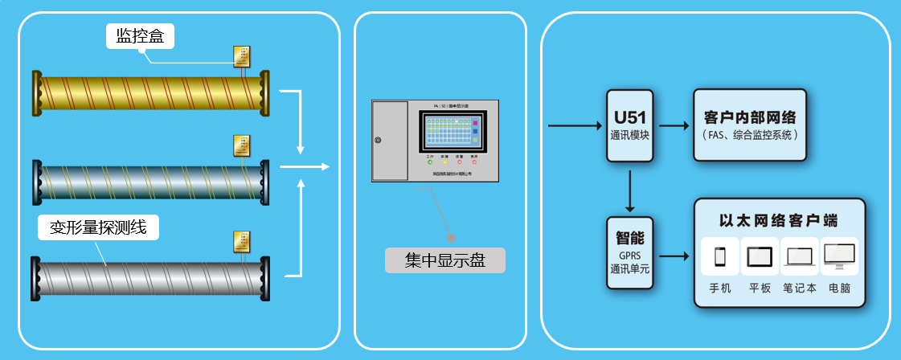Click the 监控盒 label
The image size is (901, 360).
(140, 35)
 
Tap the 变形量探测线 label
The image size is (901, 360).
(98, 227)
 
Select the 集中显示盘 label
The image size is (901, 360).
(445, 260)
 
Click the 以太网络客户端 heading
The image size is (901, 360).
(779, 219)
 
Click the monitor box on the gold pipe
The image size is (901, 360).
(240, 56)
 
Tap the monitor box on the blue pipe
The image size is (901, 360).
(240, 145)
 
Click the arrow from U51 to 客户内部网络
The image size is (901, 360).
(674, 125)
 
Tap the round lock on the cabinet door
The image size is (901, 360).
(377, 141)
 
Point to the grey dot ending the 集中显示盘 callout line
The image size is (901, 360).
(451, 238)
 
